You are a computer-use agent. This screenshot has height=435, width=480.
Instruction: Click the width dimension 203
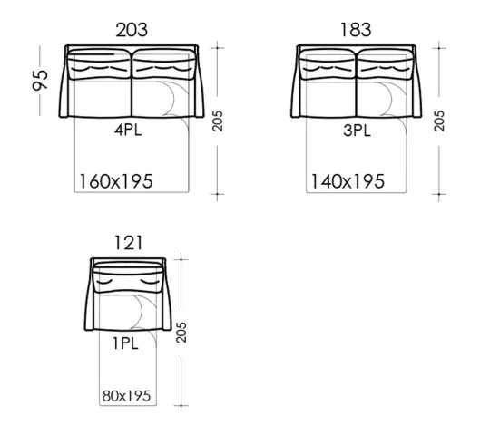tap(132, 30)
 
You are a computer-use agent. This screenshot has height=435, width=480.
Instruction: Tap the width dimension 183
tap(356, 30)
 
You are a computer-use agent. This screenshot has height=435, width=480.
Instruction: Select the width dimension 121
tap(128, 243)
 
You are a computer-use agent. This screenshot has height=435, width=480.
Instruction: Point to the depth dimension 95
tap(41, 81)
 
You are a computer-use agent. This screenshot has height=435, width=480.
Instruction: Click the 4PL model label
tap(128, 130)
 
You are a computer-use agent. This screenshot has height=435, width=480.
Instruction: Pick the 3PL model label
tap(357, 130)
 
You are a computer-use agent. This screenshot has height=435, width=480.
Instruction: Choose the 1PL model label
tap(125, 343)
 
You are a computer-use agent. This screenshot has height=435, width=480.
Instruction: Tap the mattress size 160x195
tap(116, 181)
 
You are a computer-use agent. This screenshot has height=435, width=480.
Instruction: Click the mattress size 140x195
tap(348, 181)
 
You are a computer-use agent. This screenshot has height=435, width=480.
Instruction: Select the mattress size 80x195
tap(126, 396)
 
